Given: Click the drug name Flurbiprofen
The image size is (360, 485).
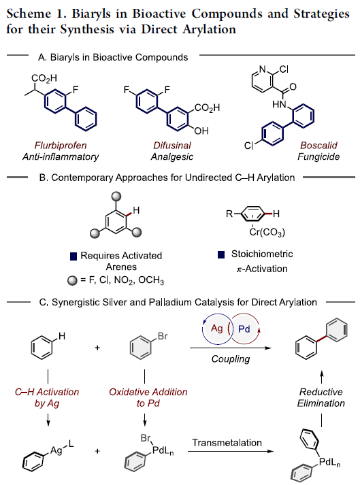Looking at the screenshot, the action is (61, 146).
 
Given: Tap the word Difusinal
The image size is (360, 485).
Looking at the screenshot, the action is (172, 146).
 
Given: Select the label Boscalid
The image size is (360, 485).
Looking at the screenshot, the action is (318, 146).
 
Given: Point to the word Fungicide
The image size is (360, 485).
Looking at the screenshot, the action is (318, 157).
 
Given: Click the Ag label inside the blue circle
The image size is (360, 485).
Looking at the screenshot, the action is (216, 328).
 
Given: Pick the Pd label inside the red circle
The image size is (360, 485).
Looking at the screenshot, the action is (244, 329).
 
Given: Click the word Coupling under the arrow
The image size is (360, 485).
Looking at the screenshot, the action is (231, 358).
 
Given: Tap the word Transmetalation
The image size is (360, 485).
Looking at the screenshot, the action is (227, 443).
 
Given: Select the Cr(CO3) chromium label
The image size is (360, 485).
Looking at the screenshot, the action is (267, 232).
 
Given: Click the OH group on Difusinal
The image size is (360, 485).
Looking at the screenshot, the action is (201, 131).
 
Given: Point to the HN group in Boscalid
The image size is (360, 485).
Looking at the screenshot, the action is (279, 105).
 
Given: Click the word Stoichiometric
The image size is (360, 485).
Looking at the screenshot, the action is (262, 254).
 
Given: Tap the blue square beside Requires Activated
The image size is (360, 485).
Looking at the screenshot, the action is (73, 256).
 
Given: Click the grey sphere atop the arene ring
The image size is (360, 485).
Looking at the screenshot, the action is (116, 197).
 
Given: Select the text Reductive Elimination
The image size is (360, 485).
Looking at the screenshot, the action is (321, 397).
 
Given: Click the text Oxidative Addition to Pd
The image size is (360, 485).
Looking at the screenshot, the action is (148, 397).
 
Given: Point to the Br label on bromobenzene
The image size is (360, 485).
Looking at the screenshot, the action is (163, 336).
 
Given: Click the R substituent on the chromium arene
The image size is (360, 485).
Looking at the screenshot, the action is (229, 214).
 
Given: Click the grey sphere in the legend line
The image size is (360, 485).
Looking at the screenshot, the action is (72, 280).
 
